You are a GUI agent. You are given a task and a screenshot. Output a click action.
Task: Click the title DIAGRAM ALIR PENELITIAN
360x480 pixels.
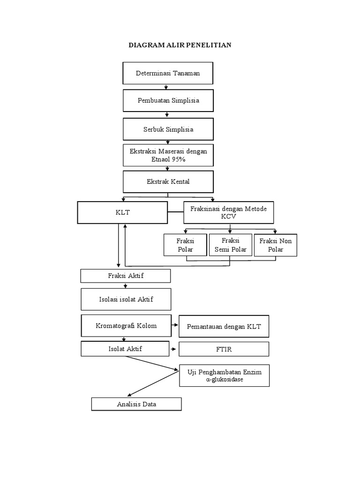180,45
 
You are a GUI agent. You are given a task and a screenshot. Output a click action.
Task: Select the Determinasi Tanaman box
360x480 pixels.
168,74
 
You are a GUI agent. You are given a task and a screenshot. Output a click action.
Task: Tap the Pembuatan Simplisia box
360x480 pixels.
168,100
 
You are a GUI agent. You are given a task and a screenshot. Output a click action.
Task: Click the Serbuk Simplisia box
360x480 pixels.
168,129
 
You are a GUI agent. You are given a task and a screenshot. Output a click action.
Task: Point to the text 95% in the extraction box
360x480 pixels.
178,159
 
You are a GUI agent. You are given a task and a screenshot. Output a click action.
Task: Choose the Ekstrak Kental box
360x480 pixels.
168,181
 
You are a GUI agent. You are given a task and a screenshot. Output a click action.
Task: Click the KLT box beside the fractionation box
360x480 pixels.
122,212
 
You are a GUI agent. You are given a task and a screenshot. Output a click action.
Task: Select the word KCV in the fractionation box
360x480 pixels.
228,217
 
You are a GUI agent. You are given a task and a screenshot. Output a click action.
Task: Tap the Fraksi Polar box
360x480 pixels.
185,245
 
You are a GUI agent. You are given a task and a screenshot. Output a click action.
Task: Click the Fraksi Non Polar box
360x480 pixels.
275,245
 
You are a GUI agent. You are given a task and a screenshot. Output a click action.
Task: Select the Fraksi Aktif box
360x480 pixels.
125,276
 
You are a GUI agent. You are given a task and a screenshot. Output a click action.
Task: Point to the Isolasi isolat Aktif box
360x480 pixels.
126,299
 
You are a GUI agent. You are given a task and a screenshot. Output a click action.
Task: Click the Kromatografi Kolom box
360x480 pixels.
126,326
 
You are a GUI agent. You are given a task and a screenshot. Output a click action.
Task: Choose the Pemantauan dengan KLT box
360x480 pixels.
224,326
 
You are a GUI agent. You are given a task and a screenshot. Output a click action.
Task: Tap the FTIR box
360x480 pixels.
224,349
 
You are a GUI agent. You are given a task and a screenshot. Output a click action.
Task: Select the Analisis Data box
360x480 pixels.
136,404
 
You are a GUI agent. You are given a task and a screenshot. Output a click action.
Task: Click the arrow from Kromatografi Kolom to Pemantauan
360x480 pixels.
174,325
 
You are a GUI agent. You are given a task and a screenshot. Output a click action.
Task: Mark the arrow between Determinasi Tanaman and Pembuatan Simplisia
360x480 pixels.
166,87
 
